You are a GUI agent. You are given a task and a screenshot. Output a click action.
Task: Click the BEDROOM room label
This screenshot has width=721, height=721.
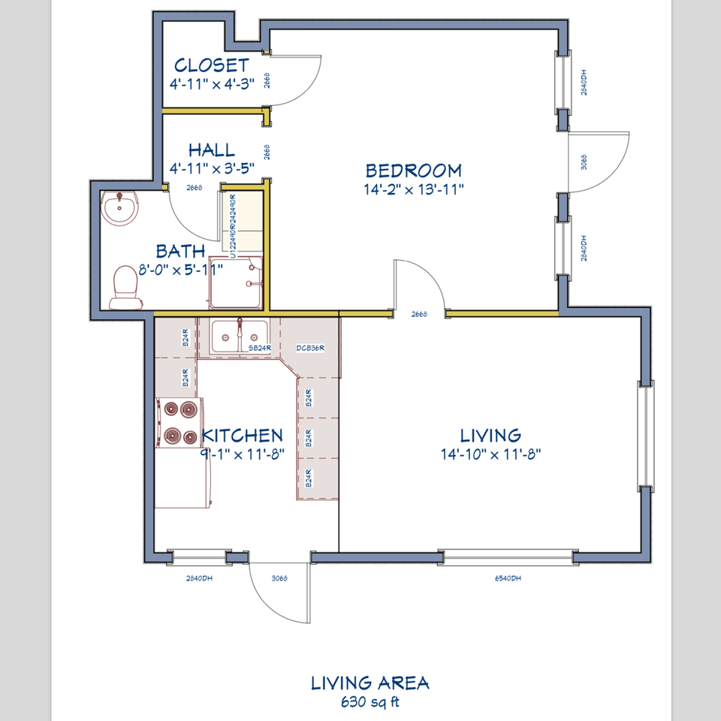coord(413,170)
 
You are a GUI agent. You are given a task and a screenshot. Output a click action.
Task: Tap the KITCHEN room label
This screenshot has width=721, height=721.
coord(242,435)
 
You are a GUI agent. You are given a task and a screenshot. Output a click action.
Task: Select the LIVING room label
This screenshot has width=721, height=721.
coord(490,435)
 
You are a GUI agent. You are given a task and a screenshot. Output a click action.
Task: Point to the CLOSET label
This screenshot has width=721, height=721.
coord(211,65)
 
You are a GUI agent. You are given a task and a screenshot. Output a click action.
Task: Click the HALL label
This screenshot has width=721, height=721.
coord(211,150)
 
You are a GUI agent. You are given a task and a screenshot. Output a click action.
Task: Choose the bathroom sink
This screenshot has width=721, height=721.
coord(119,208)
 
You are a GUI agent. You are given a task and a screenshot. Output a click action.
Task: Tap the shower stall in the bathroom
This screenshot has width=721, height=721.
coord(236,283)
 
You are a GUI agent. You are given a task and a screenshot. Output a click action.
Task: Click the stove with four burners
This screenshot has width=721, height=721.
coord(179,422)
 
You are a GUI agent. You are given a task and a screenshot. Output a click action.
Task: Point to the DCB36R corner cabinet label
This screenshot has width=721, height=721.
coord(309,348)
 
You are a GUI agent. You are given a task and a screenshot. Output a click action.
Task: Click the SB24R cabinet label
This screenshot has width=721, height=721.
coord(259,348)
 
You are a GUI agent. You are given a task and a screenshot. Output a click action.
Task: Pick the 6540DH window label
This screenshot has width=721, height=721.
coord(508,578)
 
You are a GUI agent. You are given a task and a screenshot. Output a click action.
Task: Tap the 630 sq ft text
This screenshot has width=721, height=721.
coord(370,703)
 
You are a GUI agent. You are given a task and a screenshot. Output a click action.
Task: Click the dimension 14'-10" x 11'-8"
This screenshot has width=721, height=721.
coord(491,454)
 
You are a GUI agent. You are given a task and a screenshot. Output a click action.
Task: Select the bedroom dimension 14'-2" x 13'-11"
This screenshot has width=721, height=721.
coord(414,189)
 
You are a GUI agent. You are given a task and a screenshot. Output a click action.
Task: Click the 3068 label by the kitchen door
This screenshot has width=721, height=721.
coord(279,578)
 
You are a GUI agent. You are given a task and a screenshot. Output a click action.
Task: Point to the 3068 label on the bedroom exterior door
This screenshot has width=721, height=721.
coord(584,162)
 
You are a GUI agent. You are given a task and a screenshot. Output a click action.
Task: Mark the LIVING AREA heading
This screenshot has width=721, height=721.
coord(370,683)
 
